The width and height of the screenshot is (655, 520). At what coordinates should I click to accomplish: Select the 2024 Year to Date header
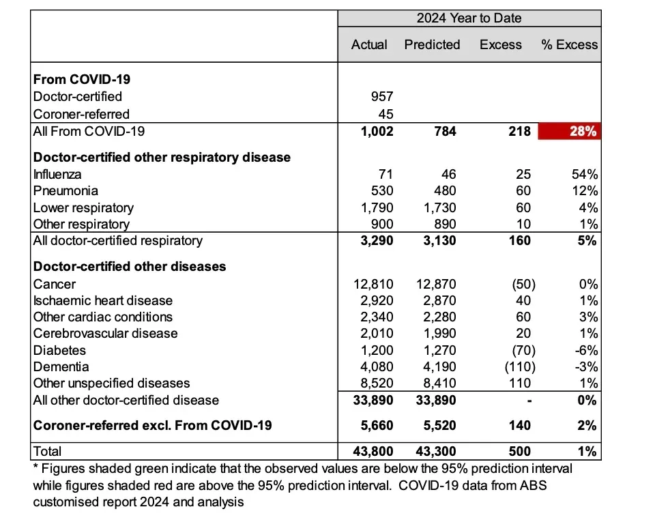click(469, 18)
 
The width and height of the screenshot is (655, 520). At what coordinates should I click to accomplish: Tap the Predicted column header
click(432, 45)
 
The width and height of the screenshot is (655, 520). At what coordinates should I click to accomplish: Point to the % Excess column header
click(569, 45)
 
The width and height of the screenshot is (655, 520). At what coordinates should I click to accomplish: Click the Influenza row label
click(57, 174)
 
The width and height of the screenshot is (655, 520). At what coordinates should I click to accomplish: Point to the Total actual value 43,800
click(372, 451)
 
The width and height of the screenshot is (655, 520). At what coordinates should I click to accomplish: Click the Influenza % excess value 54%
click(585, 174)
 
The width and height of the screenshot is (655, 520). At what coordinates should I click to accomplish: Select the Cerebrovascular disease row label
click(105, 334)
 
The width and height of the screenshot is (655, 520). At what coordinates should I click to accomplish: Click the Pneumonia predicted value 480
click(444, 191)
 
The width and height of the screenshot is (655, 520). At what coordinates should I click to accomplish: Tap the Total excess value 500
click(519, 451)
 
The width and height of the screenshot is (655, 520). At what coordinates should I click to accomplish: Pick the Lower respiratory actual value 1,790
click(376, 207)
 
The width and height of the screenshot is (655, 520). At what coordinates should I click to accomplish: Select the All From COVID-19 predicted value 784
click(445, 131)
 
